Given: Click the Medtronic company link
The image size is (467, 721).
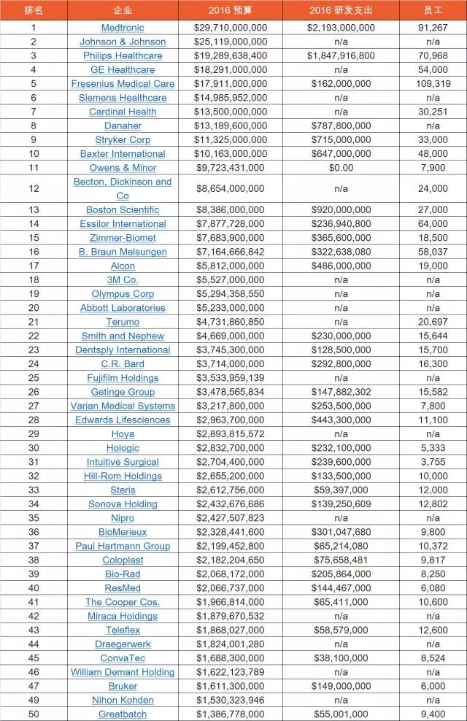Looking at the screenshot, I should click(123, 28).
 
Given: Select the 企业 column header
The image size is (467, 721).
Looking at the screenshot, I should click(123, 11).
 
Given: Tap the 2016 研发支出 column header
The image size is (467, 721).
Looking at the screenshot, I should click(341, 11).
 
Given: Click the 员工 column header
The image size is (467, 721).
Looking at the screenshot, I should click(433, 11).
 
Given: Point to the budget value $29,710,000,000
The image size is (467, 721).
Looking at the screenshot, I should click(230, 28).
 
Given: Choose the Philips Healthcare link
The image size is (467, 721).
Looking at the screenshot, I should click(123, 55).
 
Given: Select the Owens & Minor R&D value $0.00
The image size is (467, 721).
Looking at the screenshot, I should click(341, 168).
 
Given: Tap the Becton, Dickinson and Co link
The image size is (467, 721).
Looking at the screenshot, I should click(123, 188).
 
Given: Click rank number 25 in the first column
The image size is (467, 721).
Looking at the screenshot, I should click(34, 378).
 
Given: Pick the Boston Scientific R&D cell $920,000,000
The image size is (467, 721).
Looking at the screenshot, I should click(341, 209).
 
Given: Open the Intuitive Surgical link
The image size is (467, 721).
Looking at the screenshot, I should click(123, 462).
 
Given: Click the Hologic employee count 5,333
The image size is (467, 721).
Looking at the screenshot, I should click(433, 448).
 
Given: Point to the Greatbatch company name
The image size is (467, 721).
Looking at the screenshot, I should click(123, 714).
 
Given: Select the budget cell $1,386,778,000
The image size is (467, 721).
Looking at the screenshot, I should click(230, 714).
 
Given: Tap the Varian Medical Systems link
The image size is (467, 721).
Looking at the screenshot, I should click(123, 406).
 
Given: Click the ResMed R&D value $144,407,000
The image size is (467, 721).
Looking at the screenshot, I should click(341, 588).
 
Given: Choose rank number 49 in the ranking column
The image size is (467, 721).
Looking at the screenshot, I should click(34, 701).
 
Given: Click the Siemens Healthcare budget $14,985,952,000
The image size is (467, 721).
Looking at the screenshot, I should click(230, 98).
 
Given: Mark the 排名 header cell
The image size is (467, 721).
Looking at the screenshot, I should click(34, 11).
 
